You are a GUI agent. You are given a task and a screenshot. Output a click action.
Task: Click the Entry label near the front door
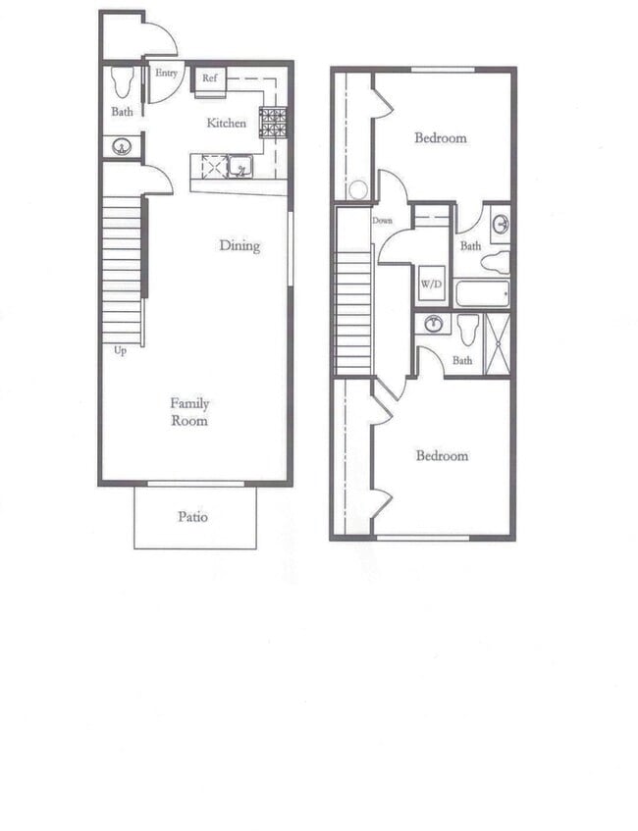point(165,73)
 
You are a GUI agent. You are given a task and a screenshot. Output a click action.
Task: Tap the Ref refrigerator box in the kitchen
point(210,78)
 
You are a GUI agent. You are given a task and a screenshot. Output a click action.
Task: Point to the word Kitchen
point(226,124)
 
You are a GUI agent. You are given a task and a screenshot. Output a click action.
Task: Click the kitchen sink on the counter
point(239,167)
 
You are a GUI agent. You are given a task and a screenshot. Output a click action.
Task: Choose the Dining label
point(239,245)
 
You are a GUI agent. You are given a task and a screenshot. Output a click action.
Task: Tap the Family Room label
point(189,412)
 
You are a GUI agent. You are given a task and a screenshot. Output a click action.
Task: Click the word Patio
point(193,516)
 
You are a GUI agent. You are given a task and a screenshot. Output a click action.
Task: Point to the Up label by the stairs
point(120,350)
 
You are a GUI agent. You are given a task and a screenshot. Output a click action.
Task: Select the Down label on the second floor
point(382,221)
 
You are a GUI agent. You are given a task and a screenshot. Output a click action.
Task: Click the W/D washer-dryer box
point(431,285)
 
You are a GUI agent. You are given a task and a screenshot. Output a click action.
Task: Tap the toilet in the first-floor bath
point(123,81)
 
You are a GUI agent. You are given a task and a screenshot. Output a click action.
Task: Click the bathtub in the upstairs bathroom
point(482,293)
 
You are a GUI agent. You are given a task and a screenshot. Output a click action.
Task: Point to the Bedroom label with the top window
point(441,138)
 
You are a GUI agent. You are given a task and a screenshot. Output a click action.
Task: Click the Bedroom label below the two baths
point(442,455)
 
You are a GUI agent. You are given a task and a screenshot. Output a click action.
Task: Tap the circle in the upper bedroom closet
point(359,189)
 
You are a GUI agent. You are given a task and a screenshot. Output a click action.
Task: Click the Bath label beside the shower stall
point(462,361)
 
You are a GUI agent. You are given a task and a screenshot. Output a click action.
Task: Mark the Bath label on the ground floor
point(122,112)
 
